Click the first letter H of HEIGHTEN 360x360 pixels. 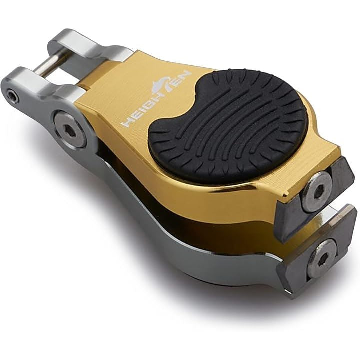pyautogui.click(x=127, y=123)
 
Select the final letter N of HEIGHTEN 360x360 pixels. pyautogui.click(x=185, y=76)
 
